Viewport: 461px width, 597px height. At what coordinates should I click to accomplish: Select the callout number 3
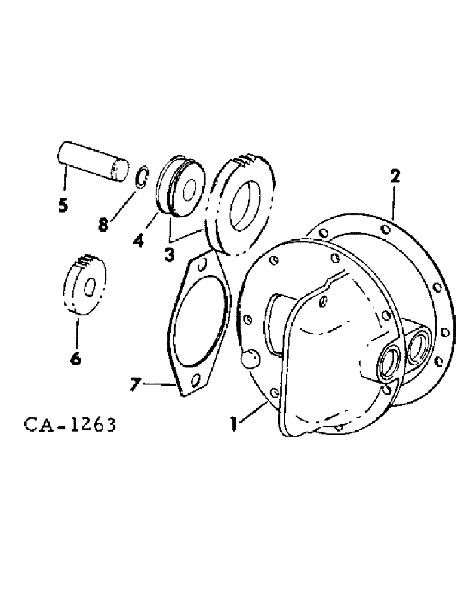tap(170, 254)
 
